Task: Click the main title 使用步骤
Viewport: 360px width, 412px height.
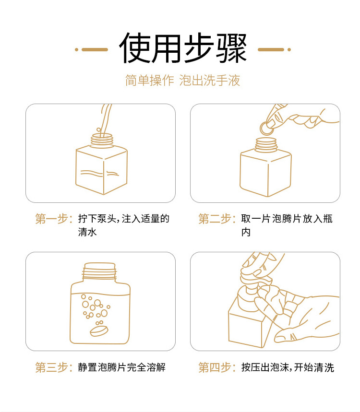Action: click(183, 48)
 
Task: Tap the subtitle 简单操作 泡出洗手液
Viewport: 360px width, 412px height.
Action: click(182, 80)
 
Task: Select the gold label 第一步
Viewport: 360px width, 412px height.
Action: click(54, 219)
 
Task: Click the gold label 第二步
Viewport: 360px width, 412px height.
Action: click(217, 219)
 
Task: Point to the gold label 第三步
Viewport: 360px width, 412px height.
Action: click(54, 367)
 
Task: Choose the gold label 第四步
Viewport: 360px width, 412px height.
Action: click(217, 367)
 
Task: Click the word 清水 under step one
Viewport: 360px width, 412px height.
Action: click(87, 232)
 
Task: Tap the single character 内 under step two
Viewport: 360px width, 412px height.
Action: click(246, 232)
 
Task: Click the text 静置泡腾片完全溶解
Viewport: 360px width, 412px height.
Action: click(121, 367)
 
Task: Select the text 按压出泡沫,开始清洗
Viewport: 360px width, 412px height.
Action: click(288, 367)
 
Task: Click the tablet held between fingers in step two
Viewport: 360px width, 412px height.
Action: click(266, 128)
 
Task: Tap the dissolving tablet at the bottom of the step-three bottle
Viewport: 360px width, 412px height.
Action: click(99, 331)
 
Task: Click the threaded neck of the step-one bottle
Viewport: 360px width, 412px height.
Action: click(102, 141)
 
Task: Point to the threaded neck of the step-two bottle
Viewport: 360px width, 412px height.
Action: click(266, 145)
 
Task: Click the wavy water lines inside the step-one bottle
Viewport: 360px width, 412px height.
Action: click(99, 173)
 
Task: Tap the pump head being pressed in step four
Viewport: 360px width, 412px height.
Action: click(254, 280)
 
